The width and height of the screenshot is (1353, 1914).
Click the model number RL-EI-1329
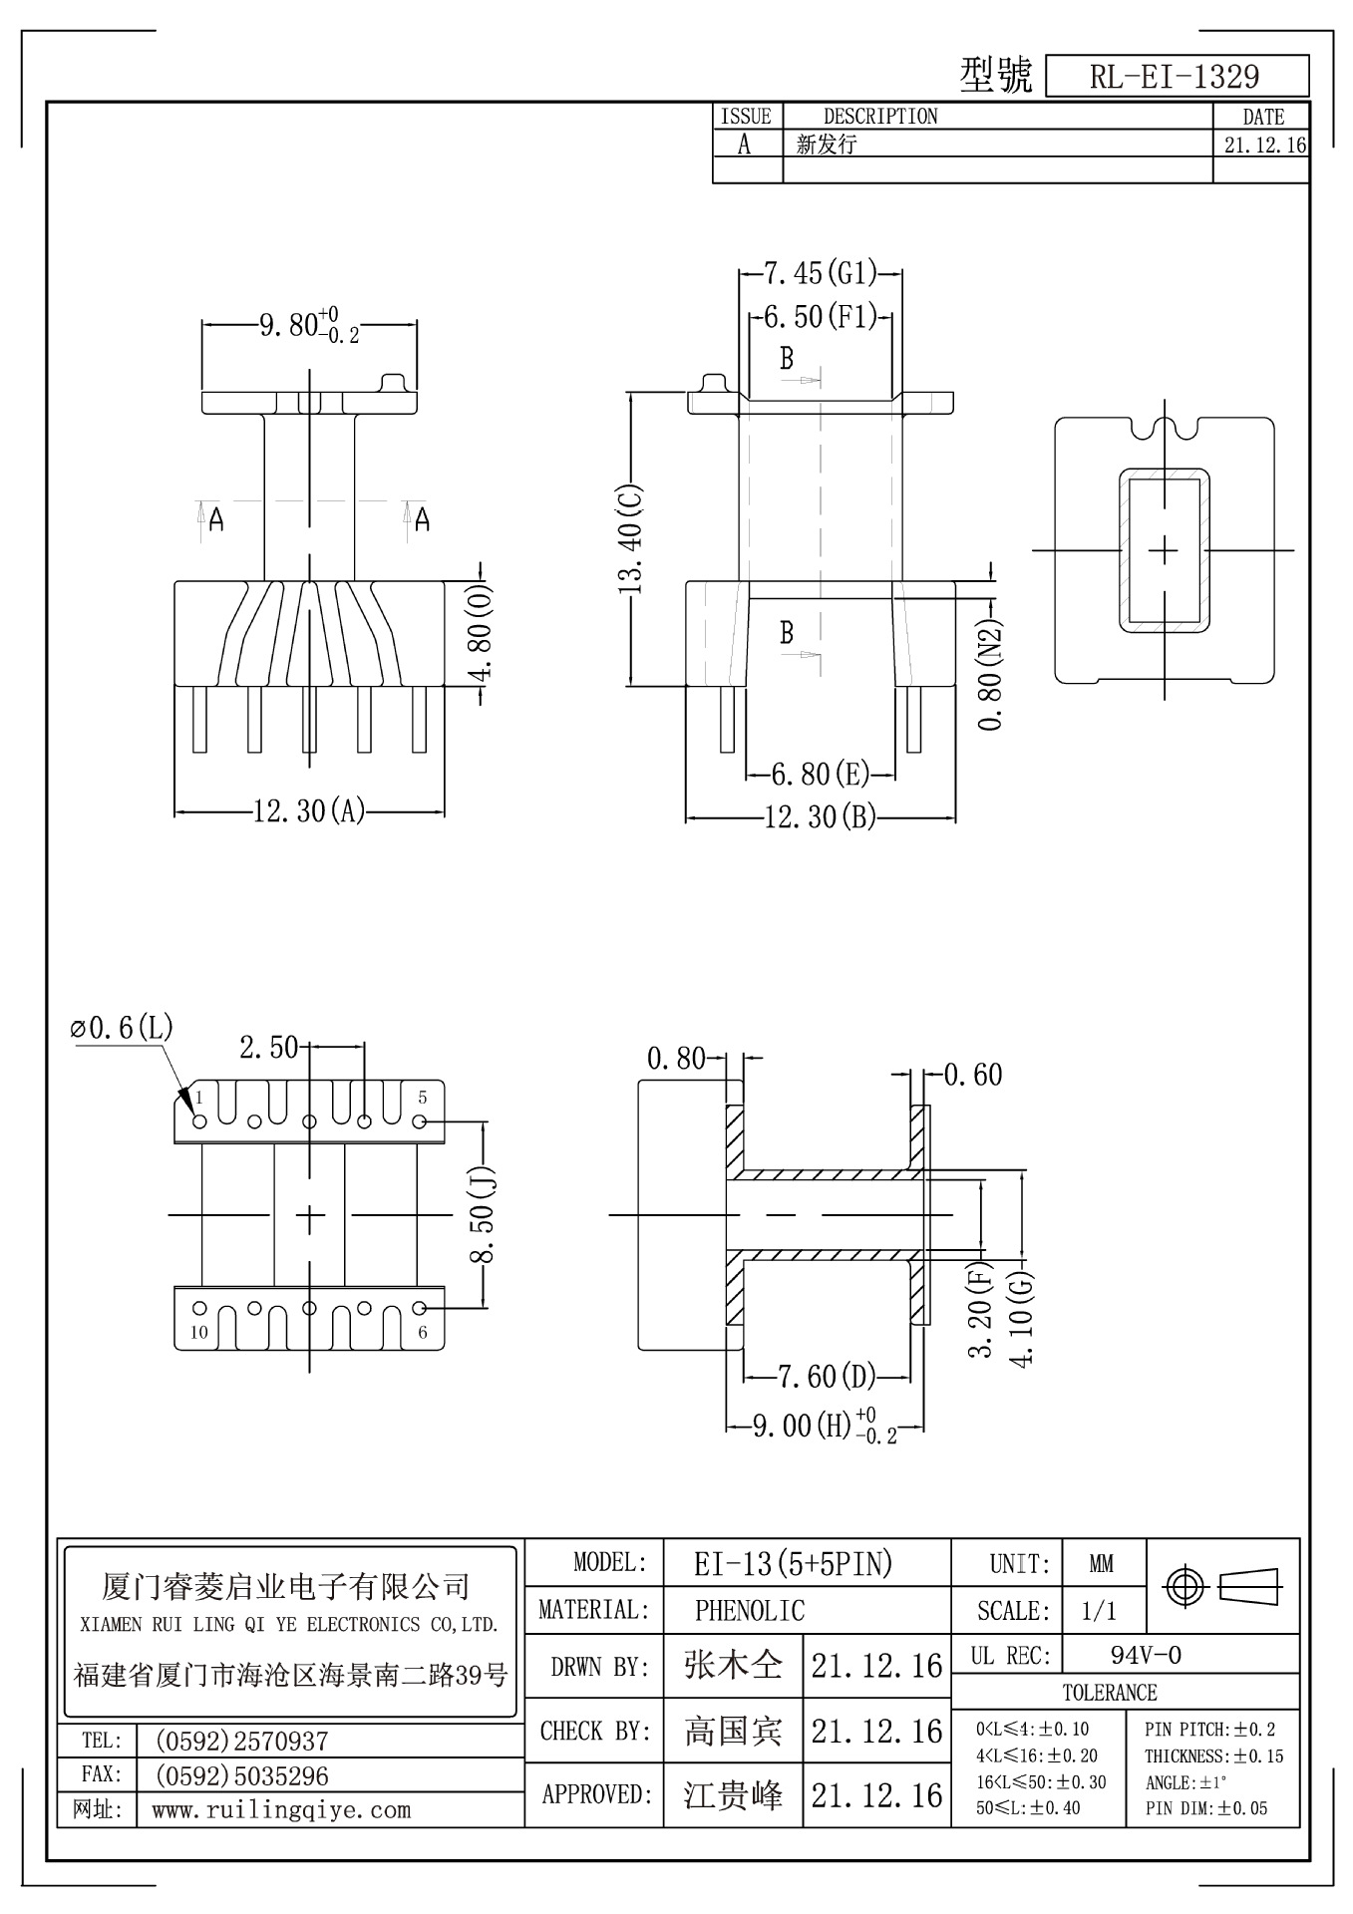point(1175,76)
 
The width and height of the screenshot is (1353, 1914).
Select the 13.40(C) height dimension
point(632,539)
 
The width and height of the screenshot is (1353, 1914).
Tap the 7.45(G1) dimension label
point(820,272)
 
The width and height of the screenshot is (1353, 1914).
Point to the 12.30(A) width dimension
point(308,811)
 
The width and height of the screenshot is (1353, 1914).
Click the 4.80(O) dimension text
point(483,633)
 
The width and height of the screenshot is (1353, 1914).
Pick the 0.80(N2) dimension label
point(990,676)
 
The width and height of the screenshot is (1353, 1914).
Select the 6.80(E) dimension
point(821,774)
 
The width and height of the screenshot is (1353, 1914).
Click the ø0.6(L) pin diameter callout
point(122,1027)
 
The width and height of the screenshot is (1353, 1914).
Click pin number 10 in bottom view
point(199,1332)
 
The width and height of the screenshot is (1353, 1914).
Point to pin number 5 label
point(423,1098)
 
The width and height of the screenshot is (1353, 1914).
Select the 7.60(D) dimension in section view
point(827,1377)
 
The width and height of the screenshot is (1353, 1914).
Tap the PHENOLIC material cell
point(750,1610)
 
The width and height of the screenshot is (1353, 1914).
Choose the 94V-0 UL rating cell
point(1146,1656)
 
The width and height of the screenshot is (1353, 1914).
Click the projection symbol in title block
point(1223,1584)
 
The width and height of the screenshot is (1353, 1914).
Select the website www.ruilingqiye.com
point(281,1809)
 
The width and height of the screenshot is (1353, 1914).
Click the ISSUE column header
point(747,117)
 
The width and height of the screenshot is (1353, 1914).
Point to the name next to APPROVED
point(733,1794)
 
